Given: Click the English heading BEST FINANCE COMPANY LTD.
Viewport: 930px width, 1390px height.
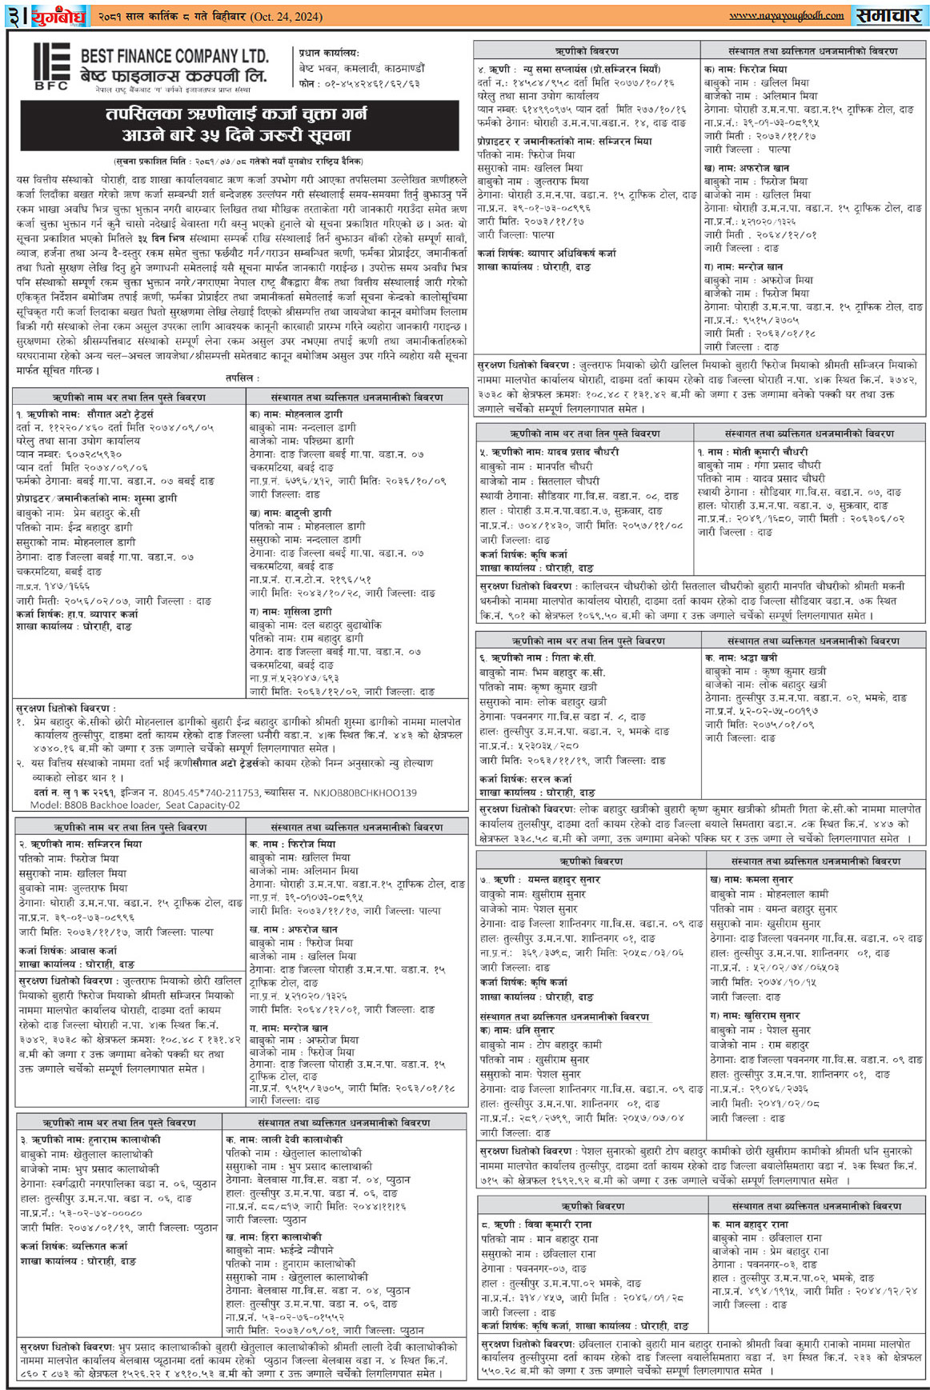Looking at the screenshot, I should click(x=174, y=56).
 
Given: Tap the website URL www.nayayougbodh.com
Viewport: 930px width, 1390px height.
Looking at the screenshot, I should click(x=786, y=15).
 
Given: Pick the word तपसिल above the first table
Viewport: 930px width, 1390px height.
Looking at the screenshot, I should click(x=239, y=377).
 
